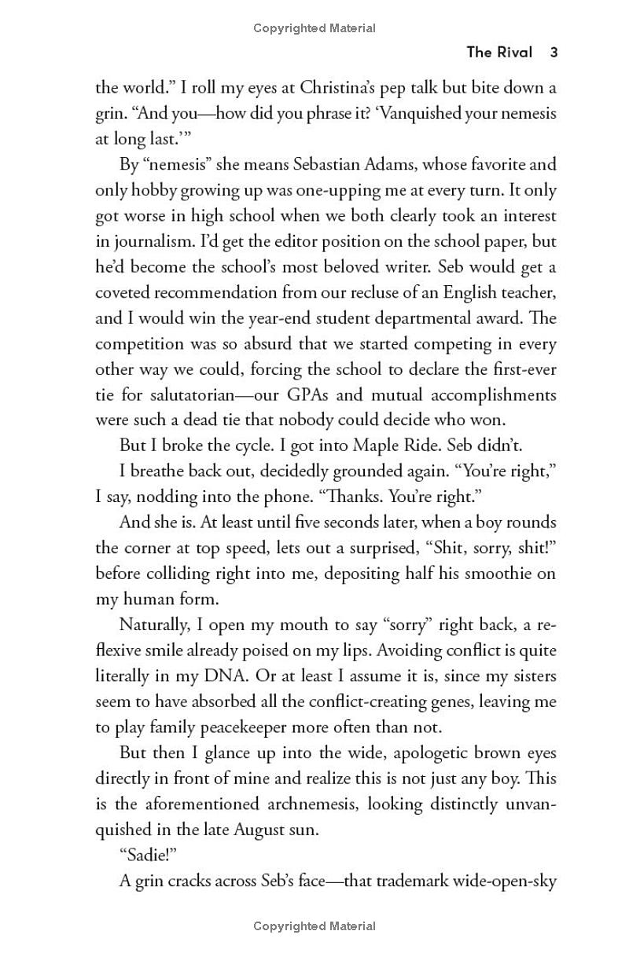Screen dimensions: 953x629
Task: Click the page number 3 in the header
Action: [554, 53]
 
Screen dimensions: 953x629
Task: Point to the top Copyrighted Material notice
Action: [314, 28]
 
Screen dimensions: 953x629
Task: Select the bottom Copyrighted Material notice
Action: [314, 926]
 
